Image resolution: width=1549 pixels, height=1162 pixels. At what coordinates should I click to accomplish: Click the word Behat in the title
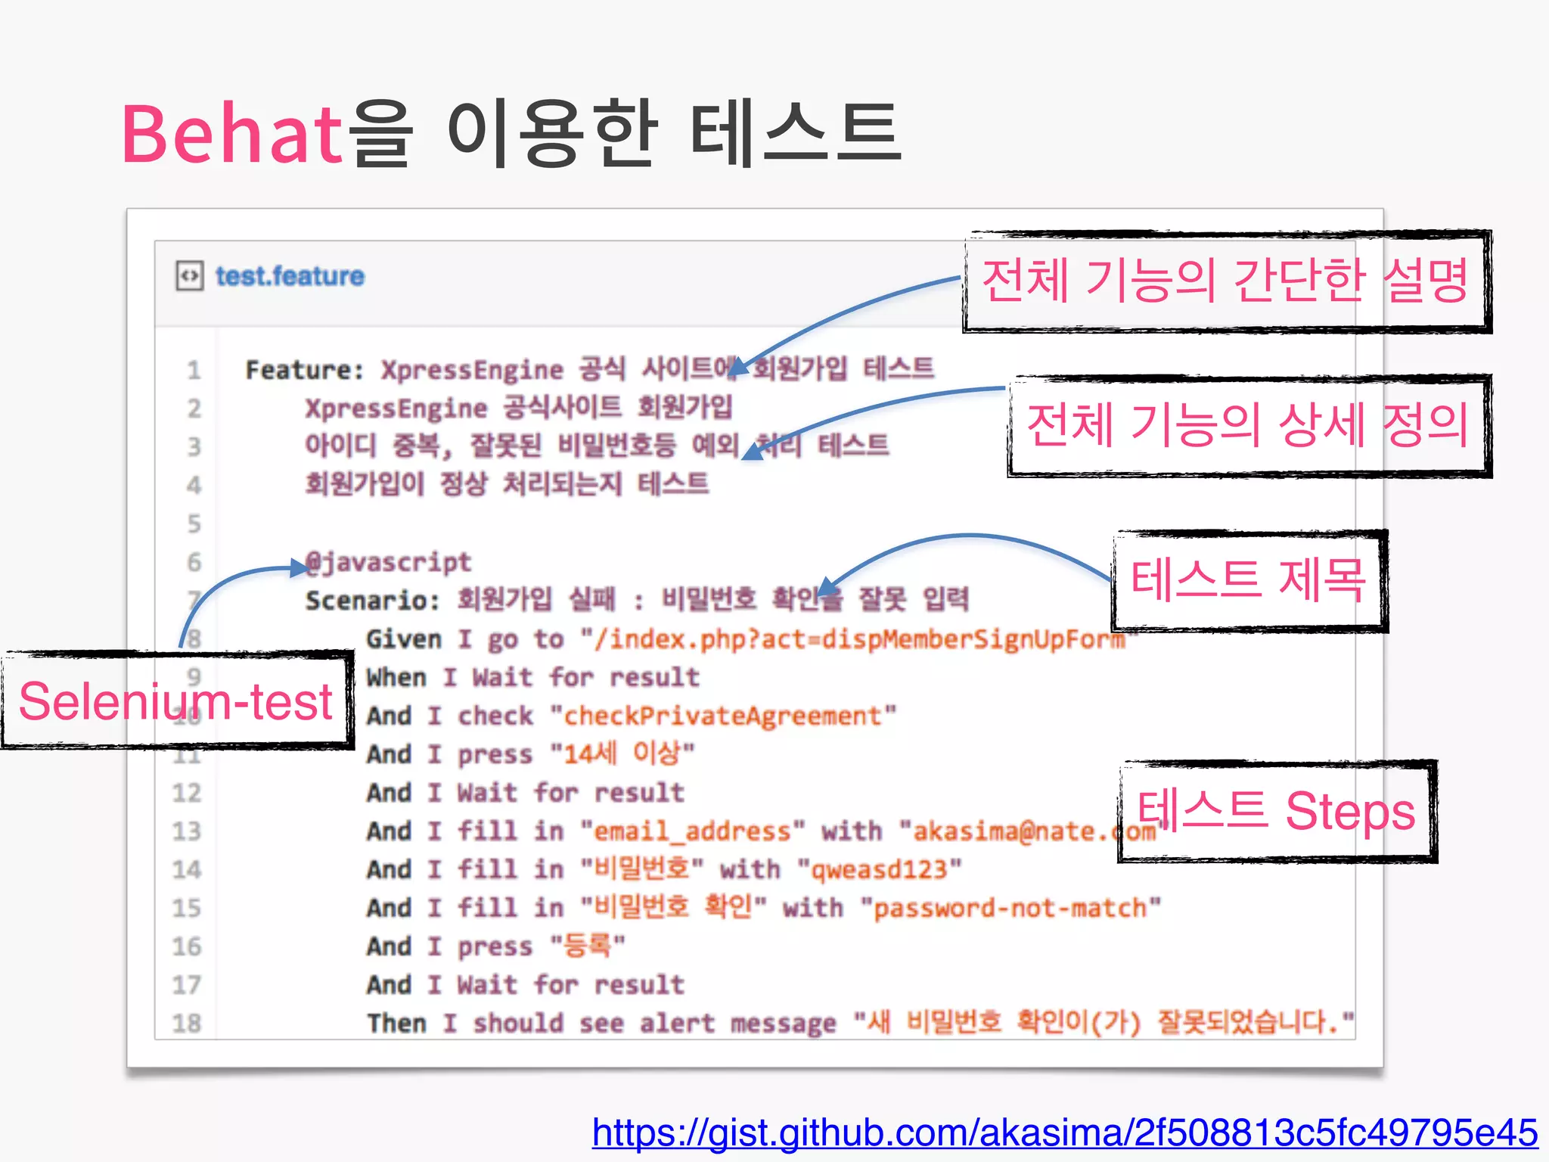[231, 135]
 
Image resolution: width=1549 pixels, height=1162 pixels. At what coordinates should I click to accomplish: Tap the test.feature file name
[290, 276]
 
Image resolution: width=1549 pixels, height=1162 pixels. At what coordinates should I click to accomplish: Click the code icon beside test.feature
[189, 276]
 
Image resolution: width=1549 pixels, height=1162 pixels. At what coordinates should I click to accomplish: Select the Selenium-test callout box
[176, 701]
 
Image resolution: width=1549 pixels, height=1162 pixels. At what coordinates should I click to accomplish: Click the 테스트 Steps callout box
[1277, 811]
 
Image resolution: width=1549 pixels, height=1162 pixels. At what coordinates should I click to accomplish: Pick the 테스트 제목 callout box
[1248, 581]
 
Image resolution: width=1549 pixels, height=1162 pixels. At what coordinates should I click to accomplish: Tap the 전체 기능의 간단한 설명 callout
[1225, 281]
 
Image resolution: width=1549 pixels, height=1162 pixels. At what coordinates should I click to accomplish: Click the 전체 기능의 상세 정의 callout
[1248, 425]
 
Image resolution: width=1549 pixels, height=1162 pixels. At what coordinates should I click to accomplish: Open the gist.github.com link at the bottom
[1064, 1133]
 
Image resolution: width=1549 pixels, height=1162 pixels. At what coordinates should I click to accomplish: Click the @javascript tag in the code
[389, 562]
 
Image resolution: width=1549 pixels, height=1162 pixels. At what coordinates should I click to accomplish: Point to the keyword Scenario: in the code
[372, 601]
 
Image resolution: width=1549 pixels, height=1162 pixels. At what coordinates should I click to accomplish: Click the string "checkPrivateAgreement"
[723, 716]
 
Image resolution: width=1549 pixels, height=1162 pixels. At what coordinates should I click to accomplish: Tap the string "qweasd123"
[879, 870]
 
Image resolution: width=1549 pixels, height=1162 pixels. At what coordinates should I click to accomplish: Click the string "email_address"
[692, 831]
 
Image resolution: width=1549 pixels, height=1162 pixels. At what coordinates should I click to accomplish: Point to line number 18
[187, 1024]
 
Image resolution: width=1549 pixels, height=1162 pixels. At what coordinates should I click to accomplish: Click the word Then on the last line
[397, 1024]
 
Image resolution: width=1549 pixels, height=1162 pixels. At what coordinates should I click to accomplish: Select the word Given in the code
[403, 639]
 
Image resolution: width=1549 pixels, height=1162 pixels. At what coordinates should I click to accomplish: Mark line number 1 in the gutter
[194, 370]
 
